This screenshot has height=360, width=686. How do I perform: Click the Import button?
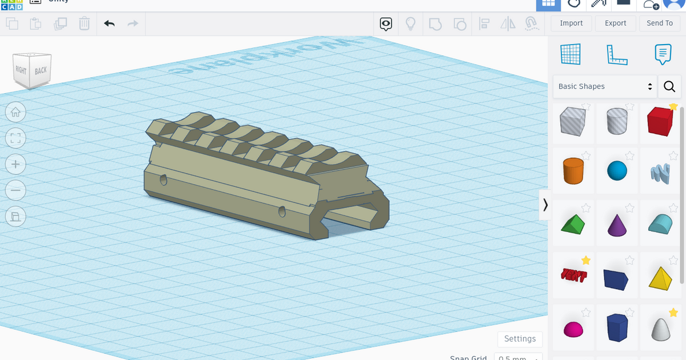(571, 23)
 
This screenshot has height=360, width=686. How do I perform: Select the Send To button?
(659, 23)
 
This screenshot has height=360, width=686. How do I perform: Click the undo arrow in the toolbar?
(109, 23)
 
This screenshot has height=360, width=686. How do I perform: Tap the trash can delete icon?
(84, 23)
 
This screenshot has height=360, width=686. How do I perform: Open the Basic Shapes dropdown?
(605, 86)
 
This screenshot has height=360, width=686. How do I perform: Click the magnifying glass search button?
(669, 87)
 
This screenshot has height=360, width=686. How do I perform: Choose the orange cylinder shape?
(573, 171)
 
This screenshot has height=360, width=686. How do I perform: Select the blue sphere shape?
(617, 171)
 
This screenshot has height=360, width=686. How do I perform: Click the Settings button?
(520, 339)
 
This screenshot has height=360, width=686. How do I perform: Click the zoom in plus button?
(15, 165)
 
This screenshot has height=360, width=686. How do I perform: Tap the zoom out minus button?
(15, 190)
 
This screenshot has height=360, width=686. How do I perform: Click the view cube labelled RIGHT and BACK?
(33, 70)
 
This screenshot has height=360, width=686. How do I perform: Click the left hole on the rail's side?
(163, 180)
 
